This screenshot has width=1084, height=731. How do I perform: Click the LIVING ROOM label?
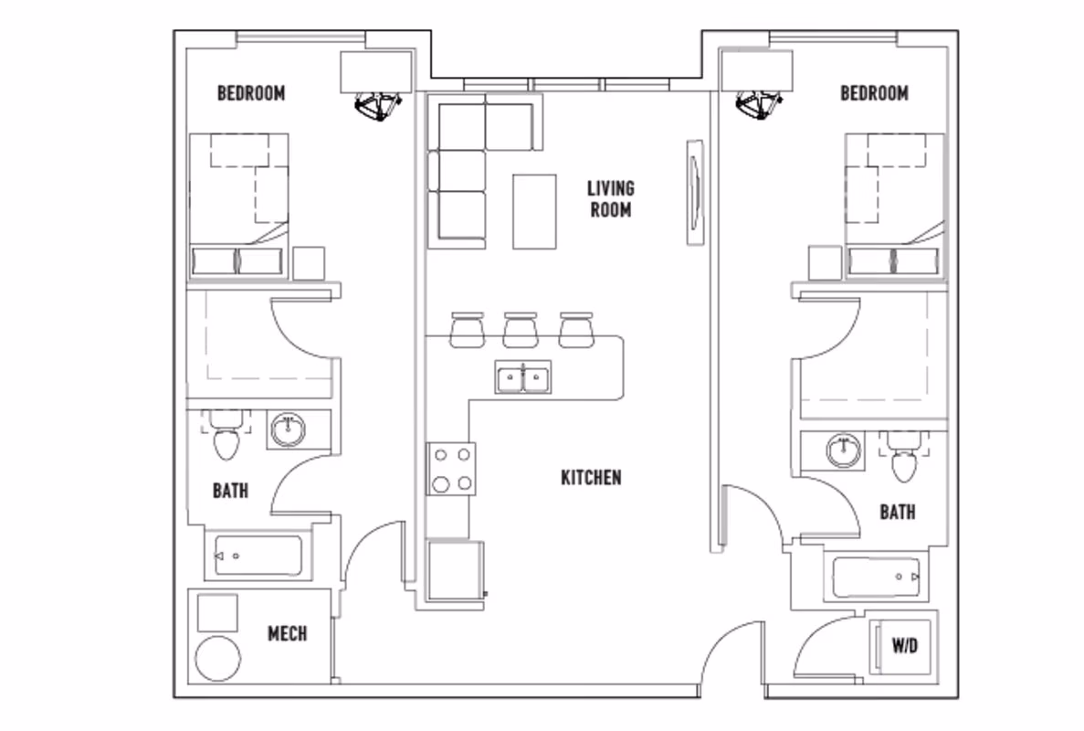point(611,199)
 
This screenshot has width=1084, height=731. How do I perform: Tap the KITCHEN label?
point(591,477)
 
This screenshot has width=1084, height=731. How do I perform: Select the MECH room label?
point(287,633)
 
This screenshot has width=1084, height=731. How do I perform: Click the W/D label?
point(904,646)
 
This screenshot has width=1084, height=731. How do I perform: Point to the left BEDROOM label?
point(251,93)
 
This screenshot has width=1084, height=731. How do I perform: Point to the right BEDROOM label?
point(874,93)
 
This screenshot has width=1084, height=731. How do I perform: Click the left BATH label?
point(230,491)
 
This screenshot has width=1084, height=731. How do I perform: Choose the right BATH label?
point(897,512)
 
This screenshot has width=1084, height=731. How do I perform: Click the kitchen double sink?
point(522,376)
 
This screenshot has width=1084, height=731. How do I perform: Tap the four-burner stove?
point(452,468)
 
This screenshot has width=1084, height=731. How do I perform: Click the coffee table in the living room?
point(534,211)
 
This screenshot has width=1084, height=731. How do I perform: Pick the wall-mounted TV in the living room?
point(695,191)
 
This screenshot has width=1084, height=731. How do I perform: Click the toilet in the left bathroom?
point(225,441)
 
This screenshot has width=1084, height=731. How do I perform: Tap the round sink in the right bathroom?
point(843,450)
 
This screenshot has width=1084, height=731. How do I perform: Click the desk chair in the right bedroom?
point(760,104)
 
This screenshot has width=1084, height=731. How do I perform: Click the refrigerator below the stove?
point(454,569)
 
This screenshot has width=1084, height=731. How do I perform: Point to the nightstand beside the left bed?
point(310,263)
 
